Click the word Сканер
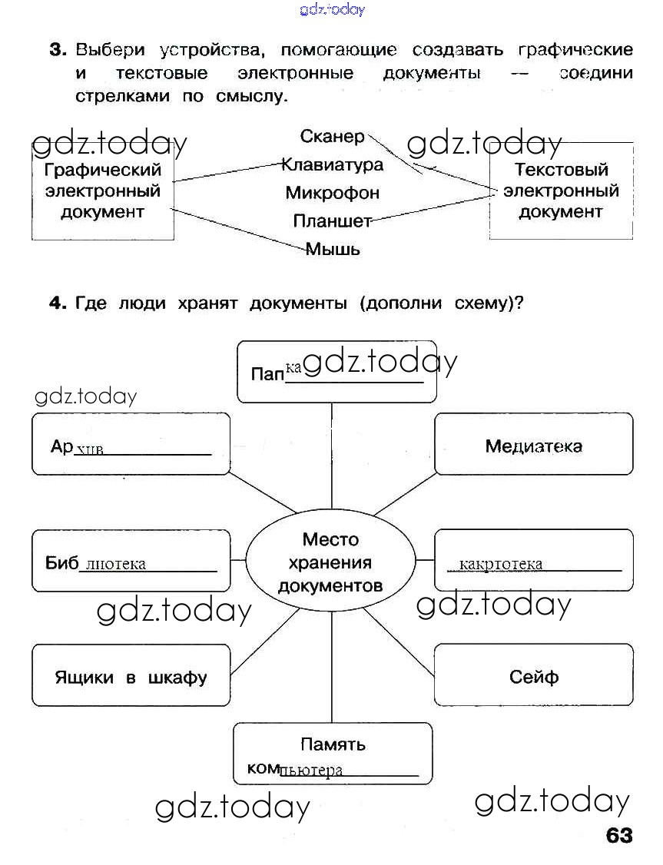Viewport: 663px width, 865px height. (x=333, y=137)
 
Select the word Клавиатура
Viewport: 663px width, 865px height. (x=332, y=164)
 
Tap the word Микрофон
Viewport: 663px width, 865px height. (x=332, y=193)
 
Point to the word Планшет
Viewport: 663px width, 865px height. (x=332, y=221)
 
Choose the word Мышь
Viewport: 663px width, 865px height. (x=333, y=249)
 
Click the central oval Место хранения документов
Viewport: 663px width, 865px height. (x=330, y=562)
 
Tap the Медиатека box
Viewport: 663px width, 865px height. (x=534, y=446)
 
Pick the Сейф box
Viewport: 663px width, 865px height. (x=534, y=676)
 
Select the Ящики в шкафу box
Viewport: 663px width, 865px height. (x=131, y=677)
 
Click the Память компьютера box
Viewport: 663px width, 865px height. (x=333, y=754)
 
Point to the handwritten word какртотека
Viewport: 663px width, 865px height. (x=500, y=565)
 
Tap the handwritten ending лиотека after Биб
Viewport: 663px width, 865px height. (x=116, y=565)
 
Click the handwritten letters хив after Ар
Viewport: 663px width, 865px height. (x=90, y=449)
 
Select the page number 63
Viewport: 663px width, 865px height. (x=619, y=835)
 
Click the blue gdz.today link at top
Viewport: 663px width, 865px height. (x=332, y=9)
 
